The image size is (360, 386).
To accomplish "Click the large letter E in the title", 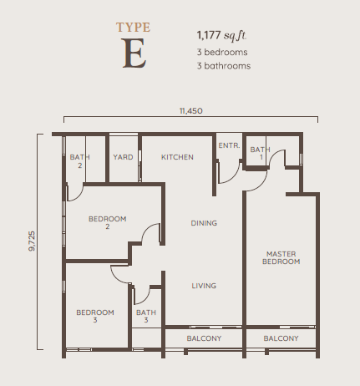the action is tap(134, 53).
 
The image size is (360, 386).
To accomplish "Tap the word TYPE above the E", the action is tap(134, 28).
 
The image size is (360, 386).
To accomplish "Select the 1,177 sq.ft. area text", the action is tap(221, 35).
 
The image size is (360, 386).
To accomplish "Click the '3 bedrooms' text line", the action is tap(222, 52).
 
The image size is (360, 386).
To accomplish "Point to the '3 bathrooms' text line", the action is tap(224, 66).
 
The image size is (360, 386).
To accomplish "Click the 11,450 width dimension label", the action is tap(191, 111).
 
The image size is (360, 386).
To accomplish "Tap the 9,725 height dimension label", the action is tap(32, 241).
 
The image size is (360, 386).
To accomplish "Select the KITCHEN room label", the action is tap(177, 157).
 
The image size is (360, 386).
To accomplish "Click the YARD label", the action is tap(123, 157).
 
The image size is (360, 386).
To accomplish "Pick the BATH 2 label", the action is tap(80, 161).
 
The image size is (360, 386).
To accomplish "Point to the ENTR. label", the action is tap(229, 145).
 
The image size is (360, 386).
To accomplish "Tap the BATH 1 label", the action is tap(261, 153).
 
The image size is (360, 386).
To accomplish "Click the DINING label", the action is tap(204, 223).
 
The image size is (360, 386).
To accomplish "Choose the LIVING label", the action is tap(204, 286).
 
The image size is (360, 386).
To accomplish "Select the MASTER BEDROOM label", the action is tap(281, 257).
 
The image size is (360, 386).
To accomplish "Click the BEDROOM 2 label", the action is tap(108, 222).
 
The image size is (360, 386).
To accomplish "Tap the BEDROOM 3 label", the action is tap(95, 316).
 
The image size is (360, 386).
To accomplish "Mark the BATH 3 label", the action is tap(146, 316).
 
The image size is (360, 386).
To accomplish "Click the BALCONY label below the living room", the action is tap(204, 338).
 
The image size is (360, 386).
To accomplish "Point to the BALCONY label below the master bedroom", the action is tap(281, 338).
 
